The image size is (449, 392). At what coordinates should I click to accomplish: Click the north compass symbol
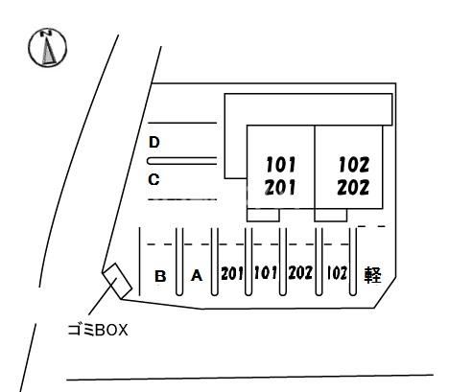pos(48,48)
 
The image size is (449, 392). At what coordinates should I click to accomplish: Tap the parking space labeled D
pos(154,142)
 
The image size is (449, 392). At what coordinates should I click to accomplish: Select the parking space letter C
pos(154,179)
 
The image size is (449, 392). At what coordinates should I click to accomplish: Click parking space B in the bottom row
pos(160,276)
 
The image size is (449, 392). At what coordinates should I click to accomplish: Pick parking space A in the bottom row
pos(197,276)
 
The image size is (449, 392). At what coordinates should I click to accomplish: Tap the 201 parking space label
pos(232,273)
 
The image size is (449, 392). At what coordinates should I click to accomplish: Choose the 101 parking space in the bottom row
pos(265,273)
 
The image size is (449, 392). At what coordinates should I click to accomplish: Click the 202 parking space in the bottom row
pos(300,273)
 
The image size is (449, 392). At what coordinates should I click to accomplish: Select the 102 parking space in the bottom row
pos(337,273)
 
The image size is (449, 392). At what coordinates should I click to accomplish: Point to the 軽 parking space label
pos(373,275)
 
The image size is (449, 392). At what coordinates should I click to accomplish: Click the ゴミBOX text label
pos(98,331)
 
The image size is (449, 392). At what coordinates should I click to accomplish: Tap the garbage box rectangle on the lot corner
pos(117,281)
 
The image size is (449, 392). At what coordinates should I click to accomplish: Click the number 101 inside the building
pos(280,165)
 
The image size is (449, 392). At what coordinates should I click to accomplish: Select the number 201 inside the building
pos(280,188)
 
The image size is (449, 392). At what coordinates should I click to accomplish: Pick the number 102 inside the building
pos(354,165)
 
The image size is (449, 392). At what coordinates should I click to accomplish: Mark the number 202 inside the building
pos(353,188)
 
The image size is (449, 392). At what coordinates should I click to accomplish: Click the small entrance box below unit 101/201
pos(264,215)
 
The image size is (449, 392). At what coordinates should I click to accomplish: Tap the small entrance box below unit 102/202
pos(331,215)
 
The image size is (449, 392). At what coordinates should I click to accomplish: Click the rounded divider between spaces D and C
pos(181,161)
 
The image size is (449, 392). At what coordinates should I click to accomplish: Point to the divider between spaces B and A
pos(179,262)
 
